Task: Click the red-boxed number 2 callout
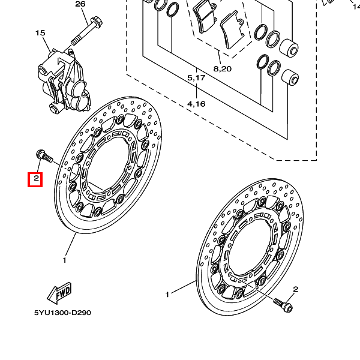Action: click(35, 179)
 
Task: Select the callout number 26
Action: click(80, 4)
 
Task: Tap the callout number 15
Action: click(40, 33)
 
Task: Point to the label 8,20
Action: click(223, 68)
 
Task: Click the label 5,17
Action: click(196, 78)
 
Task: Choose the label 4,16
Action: click(196, 104)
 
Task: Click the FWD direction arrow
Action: click(59, 293)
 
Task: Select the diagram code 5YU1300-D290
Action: click(62, 313)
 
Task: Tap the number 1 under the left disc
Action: click(65, 260)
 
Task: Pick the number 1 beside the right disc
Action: click(167, 295)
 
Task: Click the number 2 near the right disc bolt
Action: click(295, 289)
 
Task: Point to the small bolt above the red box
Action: click(44, 156)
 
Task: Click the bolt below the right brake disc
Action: click(283, 305)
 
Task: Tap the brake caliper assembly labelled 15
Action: click(65, 82)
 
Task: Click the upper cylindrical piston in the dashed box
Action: click(289, 48)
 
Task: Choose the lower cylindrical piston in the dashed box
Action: click(290, 78)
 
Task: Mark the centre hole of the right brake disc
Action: click(249, 247)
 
